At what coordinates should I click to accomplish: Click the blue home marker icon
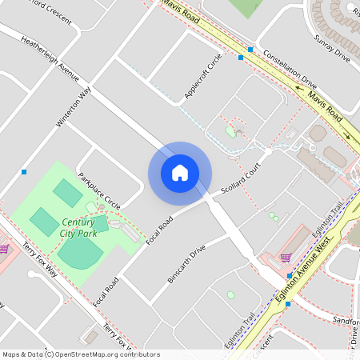(179, 173)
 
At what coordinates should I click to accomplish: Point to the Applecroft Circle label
(203, 77)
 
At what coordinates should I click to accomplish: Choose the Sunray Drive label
(332, 50)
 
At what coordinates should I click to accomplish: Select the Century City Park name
(78, 227)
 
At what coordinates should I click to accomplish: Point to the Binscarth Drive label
(186, 262)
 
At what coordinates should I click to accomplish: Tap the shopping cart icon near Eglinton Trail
(286, 258)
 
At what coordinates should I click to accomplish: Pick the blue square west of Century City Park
(25, 172)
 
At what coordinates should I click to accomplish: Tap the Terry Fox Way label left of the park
(40, 261)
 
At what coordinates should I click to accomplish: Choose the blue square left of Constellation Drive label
(241, 58)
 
